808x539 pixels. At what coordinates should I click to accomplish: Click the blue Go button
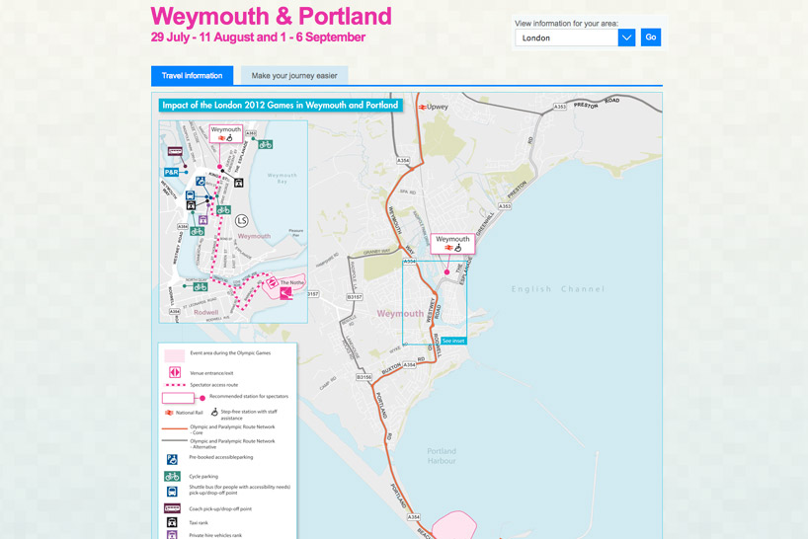click(650, 38)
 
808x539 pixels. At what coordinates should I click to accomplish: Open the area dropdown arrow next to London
click(626, 38)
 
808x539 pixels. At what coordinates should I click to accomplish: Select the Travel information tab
click(192, 75)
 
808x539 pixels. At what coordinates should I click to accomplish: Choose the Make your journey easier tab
click(294, 75)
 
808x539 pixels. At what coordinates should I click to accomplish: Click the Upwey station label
click(436, 107)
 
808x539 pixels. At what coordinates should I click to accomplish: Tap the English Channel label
click(557, 289)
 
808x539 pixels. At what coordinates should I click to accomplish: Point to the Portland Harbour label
click(442, 455)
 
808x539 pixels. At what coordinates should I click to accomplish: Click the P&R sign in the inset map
click(172, 172)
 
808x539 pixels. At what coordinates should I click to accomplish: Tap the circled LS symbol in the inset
click(242, 220)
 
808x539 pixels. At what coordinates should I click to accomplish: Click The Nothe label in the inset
click(291, 282)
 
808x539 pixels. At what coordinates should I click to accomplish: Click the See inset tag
click(453, 341)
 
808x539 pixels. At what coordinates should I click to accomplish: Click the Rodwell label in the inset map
click(206, 312)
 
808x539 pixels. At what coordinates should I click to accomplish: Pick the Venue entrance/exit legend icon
click(174, 372)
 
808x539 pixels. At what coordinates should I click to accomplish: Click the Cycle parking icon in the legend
click(172, 476)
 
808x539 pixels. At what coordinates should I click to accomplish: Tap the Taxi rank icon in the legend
click(172, 522)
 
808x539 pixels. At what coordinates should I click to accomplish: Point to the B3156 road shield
click(364, 377)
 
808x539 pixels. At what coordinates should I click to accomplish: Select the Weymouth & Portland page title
click(271, 17)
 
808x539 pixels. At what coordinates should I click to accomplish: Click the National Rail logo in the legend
click(169, 413)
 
